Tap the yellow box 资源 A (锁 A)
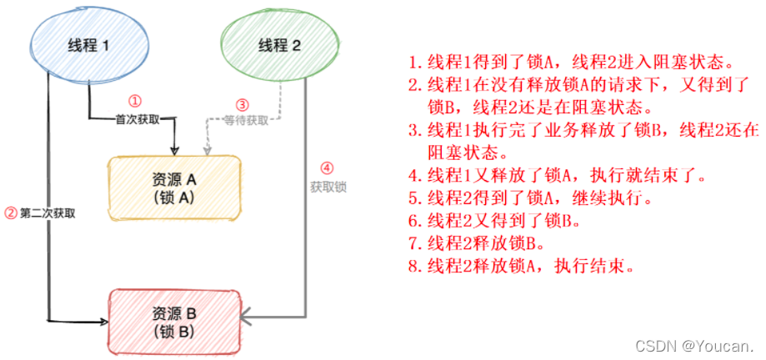174,186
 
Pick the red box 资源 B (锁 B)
174,320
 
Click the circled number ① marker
145,100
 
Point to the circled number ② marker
11,212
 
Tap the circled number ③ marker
243,105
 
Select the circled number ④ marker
327,167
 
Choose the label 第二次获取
49,212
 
